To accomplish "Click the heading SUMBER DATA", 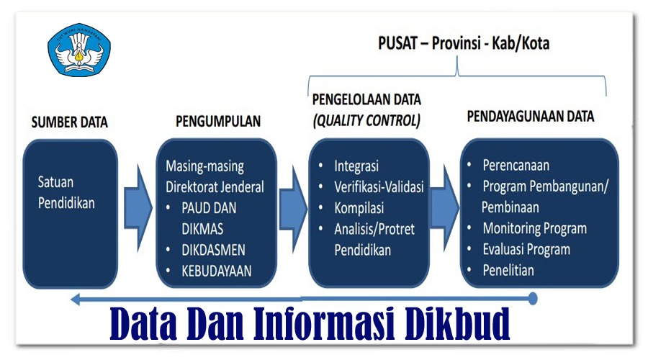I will (x=69, y=122).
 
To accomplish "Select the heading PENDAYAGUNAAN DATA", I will (x=531, y=116).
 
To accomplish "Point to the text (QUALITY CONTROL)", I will (x=366, y=120).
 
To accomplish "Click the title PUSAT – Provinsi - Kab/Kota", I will (x=464, y=43).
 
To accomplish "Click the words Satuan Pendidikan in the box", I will (x=66, y=192).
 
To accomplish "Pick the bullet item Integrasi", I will (x=356, y=166).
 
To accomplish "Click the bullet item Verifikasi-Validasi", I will (x=379, y=187).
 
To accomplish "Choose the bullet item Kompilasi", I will (x=359, y=208).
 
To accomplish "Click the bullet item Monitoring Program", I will (x=534, y=229).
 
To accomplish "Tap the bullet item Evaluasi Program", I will (x=526, y=250).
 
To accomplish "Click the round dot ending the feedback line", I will (x=533, y=297).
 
